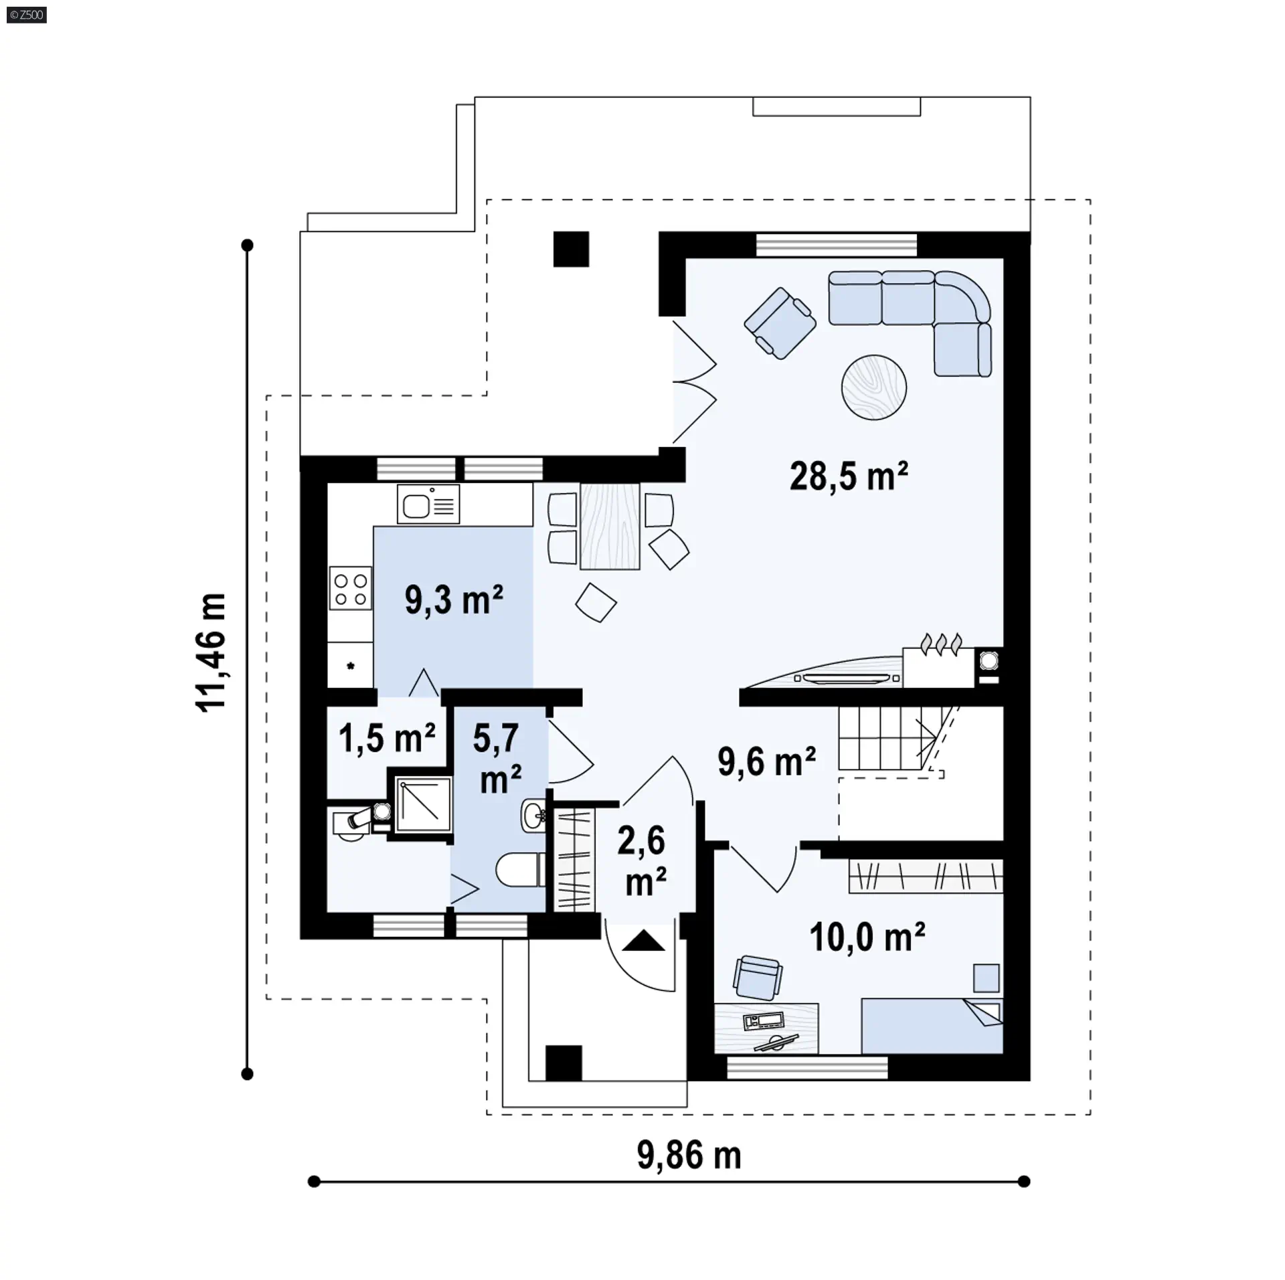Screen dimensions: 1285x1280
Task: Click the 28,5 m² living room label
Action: coord(849,476)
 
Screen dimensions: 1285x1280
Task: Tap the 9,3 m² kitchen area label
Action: coord(454,600)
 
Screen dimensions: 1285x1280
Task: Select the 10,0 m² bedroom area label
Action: coord(867,937)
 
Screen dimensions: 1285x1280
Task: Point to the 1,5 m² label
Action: coord(387,739)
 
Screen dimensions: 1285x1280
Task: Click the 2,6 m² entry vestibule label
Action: coord(642,861)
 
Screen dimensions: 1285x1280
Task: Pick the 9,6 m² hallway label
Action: coord(767,762)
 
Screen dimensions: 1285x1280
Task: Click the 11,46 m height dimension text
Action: coord(211,652)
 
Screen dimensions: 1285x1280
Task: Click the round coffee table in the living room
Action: coord(874,387)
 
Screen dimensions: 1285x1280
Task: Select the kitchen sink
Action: coord(428,504)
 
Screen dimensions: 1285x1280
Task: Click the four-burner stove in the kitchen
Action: coord(350,588)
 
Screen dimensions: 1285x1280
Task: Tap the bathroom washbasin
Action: coord(533,815)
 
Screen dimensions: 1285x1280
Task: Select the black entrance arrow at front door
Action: coord(644,940)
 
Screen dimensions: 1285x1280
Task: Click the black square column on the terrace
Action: coord(571,249)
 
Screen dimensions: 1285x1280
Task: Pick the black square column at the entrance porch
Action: coord(564,1063)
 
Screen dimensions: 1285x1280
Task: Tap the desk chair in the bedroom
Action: coord(757,978)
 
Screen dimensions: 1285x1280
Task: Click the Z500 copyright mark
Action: coord(27,15)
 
